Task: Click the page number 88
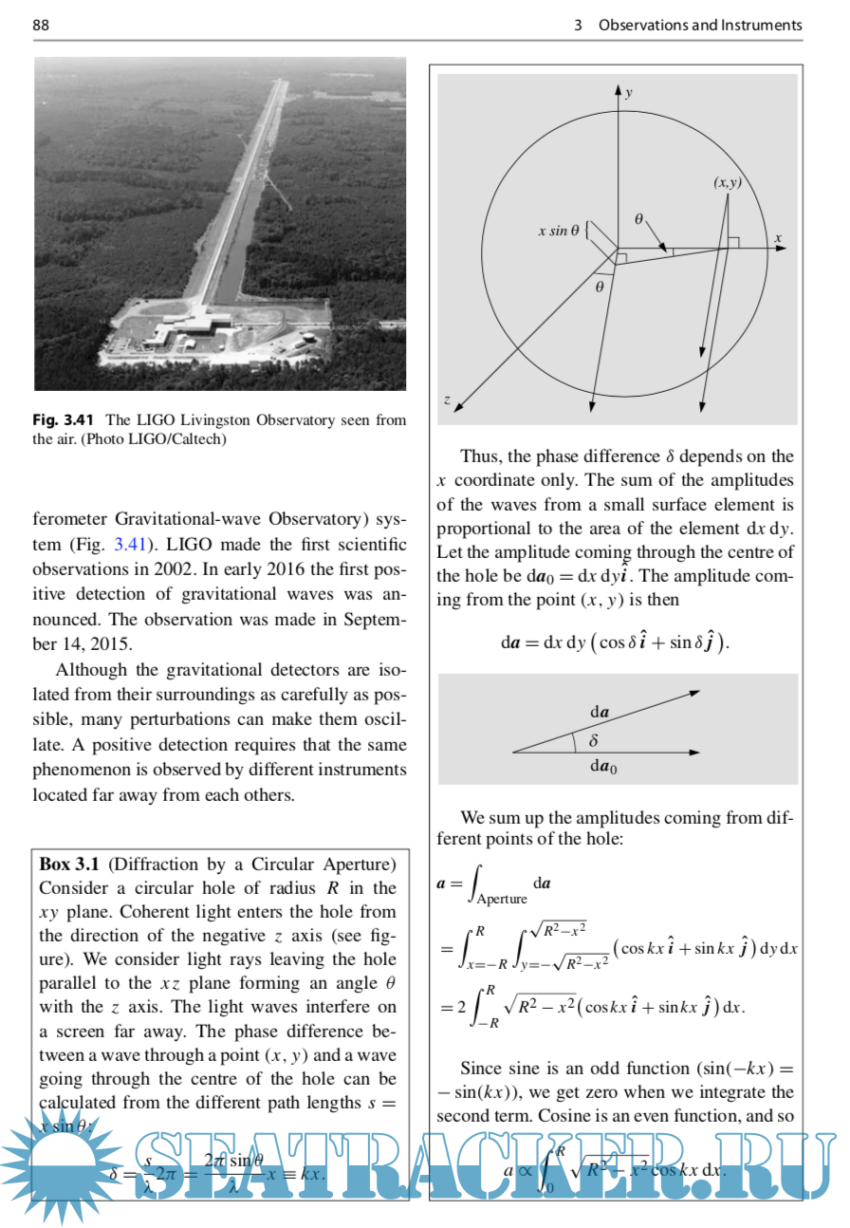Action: point(41,26)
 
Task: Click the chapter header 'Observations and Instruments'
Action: point(700,26)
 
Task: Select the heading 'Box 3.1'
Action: point(69,865)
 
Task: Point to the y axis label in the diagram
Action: point(629,93)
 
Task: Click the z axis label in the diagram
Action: point(447,400)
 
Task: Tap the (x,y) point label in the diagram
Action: point(728,182)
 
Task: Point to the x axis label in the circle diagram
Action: point(777,237)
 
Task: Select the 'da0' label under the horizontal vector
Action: point(603,769)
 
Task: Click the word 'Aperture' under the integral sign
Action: point(501,898)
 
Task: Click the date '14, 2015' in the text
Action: point(97,643)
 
